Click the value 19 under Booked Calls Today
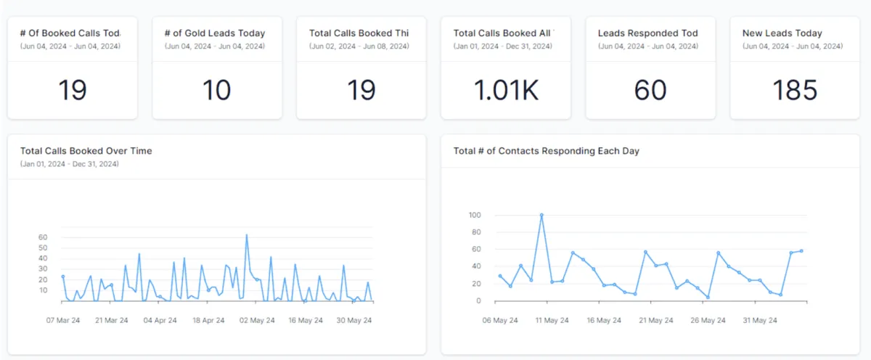(72, 91)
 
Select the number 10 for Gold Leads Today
(216, 91)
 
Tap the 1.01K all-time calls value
(506, 91)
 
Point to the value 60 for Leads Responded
(650, 91)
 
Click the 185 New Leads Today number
(795, 91)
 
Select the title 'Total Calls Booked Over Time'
(86, 151)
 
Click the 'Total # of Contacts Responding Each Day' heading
(546, 151)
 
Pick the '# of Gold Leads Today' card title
(215, 33)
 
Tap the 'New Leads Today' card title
(782, 33)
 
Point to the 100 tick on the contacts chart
(475, 215)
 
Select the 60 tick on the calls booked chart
(43, 237)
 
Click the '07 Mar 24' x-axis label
(62, 320)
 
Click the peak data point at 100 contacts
(541, 215)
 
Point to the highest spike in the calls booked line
(247, 235)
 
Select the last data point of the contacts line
(801, 251)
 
